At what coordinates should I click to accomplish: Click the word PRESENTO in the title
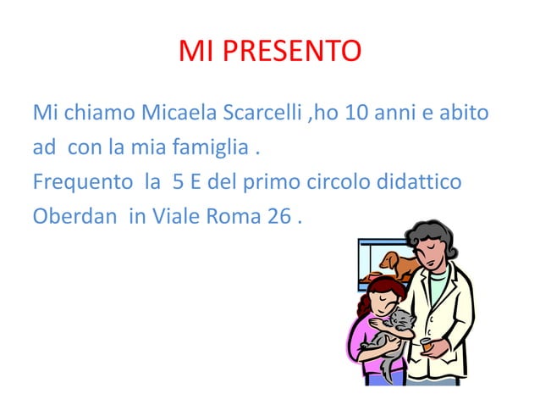[292, 52]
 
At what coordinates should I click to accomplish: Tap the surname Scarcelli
[265, 112]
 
